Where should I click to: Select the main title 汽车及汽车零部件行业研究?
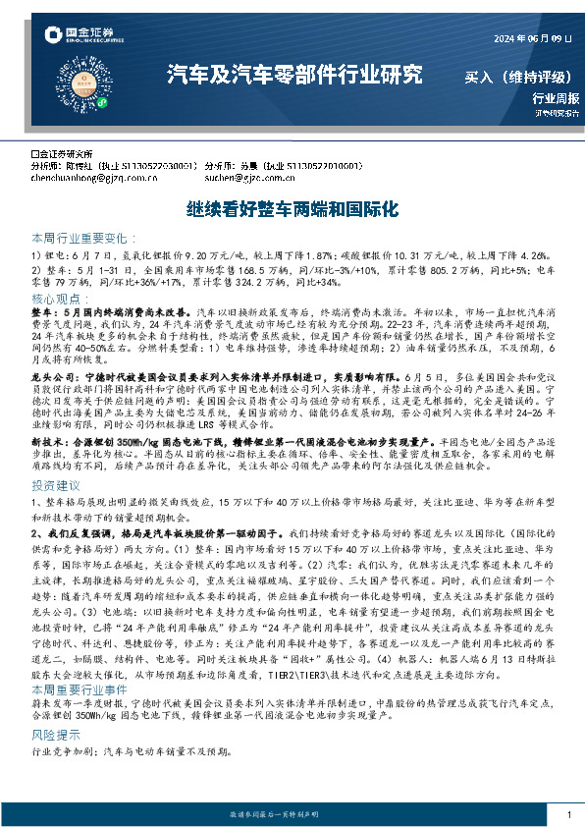tap(295, 74)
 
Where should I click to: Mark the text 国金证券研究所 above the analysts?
tap(67, 154)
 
